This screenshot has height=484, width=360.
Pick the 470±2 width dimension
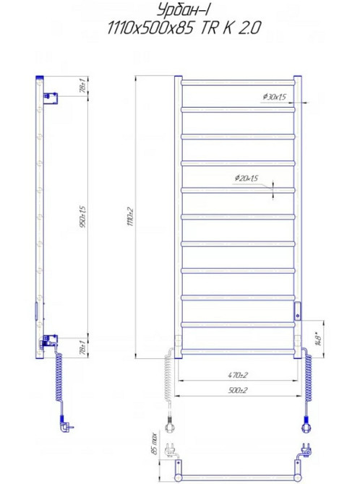click(x=237, y=375)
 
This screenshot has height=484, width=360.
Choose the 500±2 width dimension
click(x=237, y=390)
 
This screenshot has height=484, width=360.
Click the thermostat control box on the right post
click(x=296, y=312)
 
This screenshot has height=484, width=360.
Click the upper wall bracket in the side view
click(x=50, y=96)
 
